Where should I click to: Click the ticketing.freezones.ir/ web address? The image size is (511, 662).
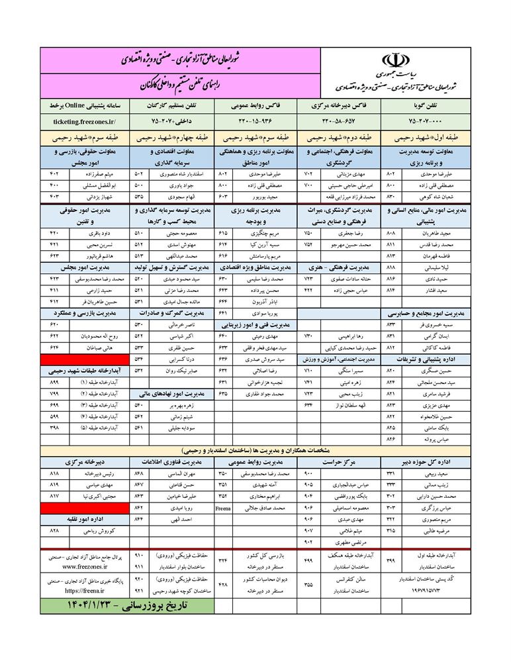[x=83, y=122]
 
